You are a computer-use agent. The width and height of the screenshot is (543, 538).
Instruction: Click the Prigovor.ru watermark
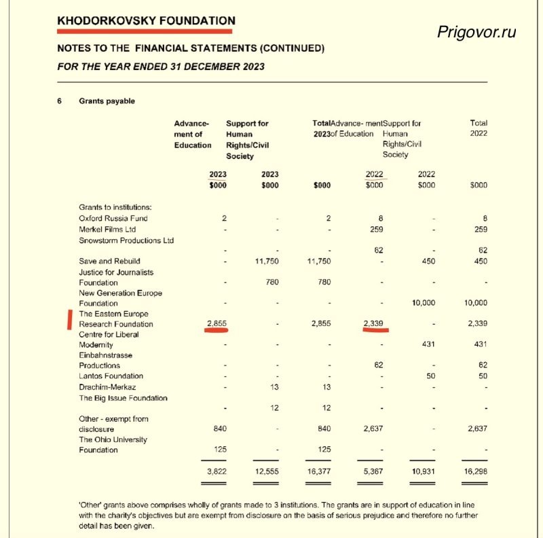477,32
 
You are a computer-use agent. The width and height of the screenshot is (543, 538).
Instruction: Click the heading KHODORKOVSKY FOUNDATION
146,20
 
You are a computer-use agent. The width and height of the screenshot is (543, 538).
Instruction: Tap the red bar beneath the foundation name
145,31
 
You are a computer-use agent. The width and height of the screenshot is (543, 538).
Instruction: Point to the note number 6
60,101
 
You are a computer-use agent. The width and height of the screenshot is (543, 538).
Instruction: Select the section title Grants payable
107,101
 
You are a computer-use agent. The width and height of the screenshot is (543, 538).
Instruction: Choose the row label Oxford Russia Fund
113,218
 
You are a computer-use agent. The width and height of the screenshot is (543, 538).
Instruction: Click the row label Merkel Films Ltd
111,229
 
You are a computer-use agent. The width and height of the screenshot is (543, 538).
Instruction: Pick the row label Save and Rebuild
109,262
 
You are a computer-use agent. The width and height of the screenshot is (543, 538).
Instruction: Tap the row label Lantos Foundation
111,376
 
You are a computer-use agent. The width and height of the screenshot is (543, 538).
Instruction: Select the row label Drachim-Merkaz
107,387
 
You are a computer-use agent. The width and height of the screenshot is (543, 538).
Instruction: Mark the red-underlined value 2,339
373,324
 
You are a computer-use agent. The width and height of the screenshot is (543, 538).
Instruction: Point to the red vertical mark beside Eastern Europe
69,319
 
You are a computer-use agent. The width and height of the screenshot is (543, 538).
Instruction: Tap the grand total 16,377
322,471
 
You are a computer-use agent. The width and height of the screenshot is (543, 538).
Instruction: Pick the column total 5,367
373,471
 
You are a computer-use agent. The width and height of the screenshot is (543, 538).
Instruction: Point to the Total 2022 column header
479,128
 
